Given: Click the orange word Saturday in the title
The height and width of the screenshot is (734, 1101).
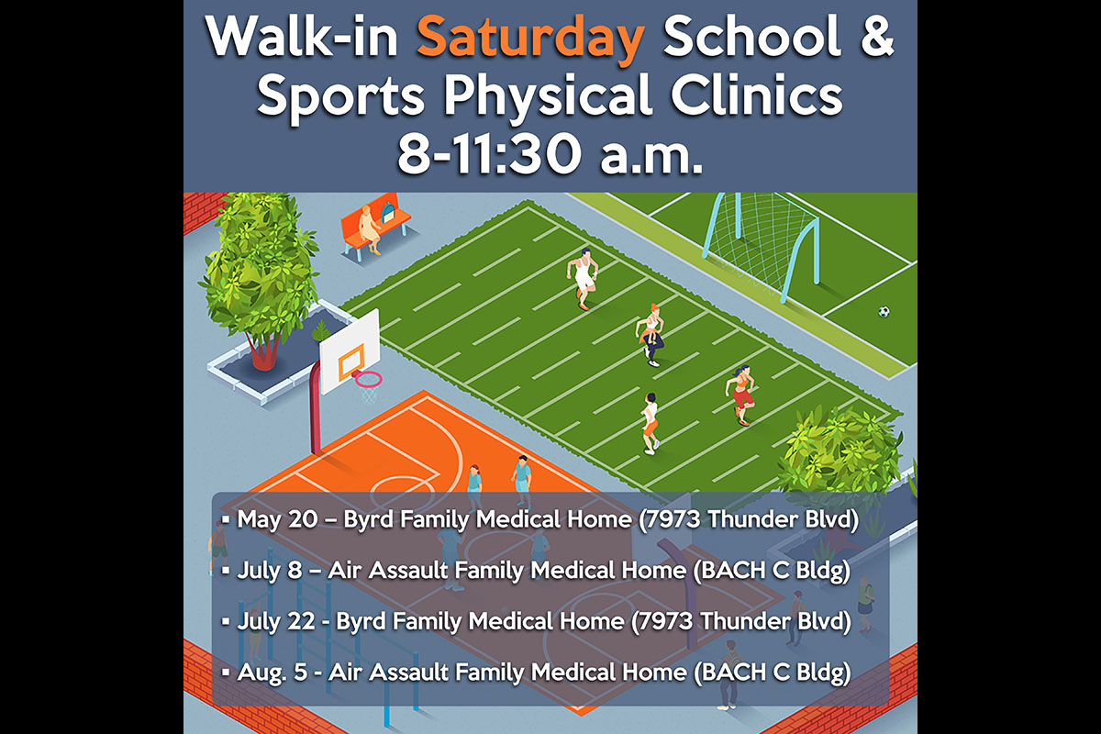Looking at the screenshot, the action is pyautogui.click(x=530, y=39).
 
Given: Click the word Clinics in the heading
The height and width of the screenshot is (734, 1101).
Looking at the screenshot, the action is pyautogui.click(x=757, y=95).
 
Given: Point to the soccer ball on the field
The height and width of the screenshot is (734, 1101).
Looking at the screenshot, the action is pyautogui.click(x=884, y=312).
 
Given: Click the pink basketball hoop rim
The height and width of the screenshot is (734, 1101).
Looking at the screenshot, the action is pyautogui.click(x=368, y=379).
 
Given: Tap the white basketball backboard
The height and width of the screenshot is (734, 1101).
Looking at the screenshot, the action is pyautogui.click(x=350, y=352).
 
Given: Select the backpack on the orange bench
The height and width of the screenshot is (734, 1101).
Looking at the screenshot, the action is pyautogui.click(x=388, y=212).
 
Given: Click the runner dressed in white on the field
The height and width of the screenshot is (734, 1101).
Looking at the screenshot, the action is pyautogui.click(x=583, y=279).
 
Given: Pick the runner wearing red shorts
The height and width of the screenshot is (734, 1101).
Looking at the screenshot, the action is pyautogui.click(x=741, y=395).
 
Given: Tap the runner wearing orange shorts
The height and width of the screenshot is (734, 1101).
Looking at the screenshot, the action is pyautogui.click(x=651, y=423).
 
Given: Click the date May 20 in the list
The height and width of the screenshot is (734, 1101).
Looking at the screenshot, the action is pyautogui.click(x=277, y=519).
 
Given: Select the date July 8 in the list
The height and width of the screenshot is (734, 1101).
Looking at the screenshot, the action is pyautogui.click(x=270, y=571).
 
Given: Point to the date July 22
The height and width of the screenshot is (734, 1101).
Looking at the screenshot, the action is pyautogui.click(x=276, y=621).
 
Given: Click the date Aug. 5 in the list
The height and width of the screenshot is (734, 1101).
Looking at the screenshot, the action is pyautogui.click(x=272, y=673).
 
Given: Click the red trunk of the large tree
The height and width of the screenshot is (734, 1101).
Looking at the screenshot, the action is pyautogui.click(x=264, y=350).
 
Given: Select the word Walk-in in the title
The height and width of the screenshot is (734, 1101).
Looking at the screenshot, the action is pyautogui.click(x=302, y=37).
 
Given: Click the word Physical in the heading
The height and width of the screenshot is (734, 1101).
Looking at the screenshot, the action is pyautogui.click(x=548, y=96).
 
